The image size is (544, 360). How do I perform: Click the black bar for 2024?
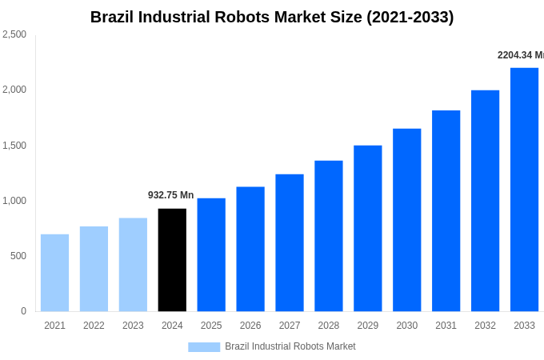[x=172, y=260]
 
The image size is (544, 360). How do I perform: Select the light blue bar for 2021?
[x=54, y=273]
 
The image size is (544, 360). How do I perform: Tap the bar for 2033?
[x=524, y=190]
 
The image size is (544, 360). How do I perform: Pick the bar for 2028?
[x=328, y=236]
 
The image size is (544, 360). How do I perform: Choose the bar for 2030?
[x=406, y=220]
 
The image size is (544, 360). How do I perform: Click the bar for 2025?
[x=211, y=254]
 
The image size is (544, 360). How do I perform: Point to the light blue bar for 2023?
[x=133, y=265]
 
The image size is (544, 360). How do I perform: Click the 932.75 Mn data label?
[x=170, y=195]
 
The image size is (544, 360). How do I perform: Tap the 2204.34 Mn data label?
[x=520, y=55]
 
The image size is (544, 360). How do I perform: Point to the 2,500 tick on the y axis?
[x=14, y=34]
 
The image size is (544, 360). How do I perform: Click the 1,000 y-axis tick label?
[x=14, y=201]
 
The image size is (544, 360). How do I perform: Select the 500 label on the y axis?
[x=18, y=256]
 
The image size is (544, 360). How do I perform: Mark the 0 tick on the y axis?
[x=23, y=311]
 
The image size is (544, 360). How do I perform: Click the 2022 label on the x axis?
[x=94, y=326]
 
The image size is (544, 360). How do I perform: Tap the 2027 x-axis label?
[x=290, y=326]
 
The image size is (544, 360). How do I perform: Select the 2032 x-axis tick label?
[x=485, y=326]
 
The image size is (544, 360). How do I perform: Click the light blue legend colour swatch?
[x=204, y=347]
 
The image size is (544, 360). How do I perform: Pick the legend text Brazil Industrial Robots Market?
[x=290, y=346]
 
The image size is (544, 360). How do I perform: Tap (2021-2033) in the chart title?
[x=410, y=17]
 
